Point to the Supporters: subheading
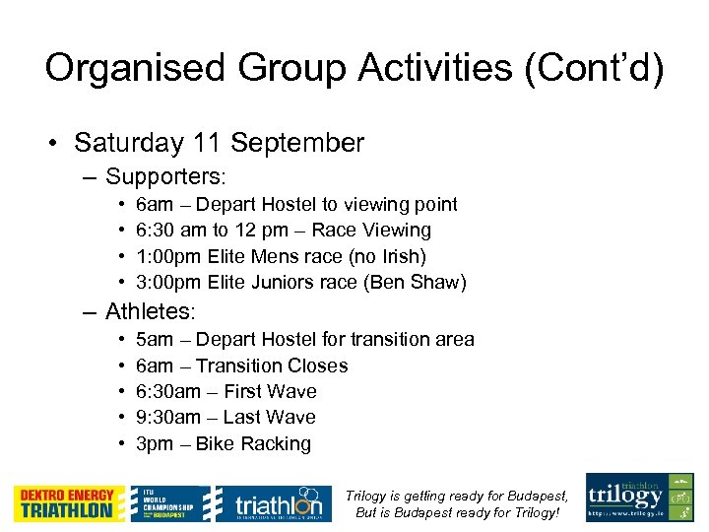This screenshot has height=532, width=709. click(165, 177)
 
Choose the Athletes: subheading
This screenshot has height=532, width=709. click(151, 312)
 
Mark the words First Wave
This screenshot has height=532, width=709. click(270, 391)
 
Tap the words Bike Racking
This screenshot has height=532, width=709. click(253, 444)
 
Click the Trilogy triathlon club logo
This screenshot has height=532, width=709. click(639, 498)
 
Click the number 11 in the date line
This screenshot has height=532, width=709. click(207, 143)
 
